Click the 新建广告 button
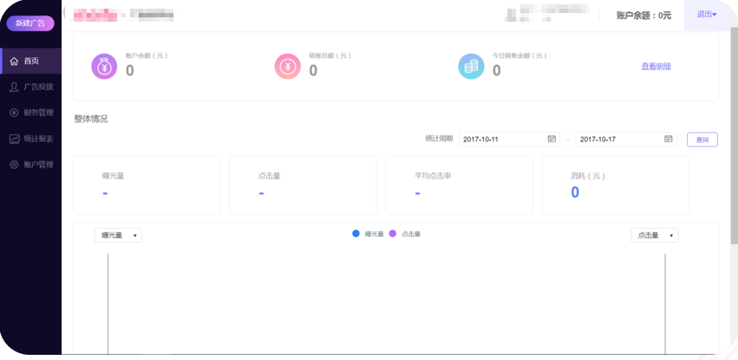pos(30,23)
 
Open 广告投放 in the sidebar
pos(33,87)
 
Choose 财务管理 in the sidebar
pos(33,113)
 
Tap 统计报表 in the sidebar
pos(33,139)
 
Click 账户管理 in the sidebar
pos(33,165)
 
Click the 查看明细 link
pos(656,66)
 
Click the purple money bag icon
pos(104,66)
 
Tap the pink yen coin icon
pos(287,66)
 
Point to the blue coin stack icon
pos(471,66)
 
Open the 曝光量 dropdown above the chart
pos(118,235)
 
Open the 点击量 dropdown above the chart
pos(654,235)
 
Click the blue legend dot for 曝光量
pos(356,234)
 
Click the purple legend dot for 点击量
pos(393,234)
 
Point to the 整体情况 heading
pos(91,119)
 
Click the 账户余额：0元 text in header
pos(643,16)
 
